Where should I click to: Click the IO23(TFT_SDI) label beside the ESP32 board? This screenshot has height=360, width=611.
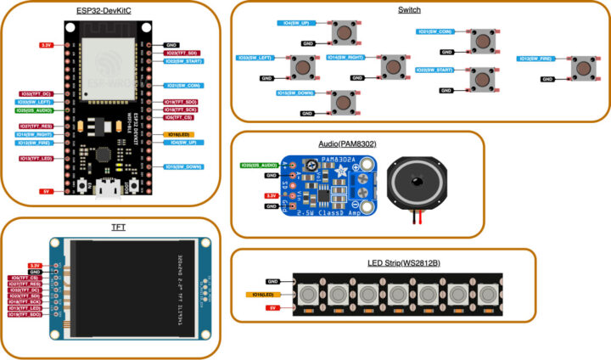coord(182,52)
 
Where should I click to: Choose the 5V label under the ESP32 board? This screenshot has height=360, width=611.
coord(46,191)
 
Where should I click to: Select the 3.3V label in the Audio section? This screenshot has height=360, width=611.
coord(272,195)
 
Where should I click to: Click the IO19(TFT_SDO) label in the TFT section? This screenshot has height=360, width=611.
coord(24,314)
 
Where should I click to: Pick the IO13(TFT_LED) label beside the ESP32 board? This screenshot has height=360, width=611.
coord(36,159)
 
